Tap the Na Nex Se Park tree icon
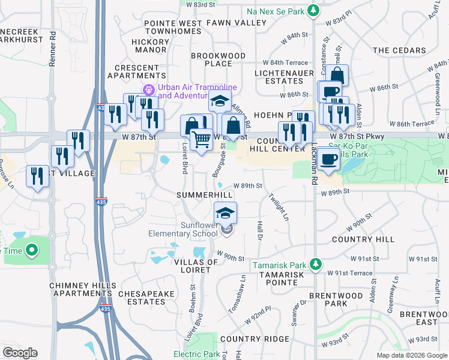pos(313,10)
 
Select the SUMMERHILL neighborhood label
pos(203,196)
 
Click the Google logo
pos(20,353)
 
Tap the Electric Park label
pos(196,354)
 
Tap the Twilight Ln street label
pos(279,206)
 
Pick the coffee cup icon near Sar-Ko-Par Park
pos(328,159)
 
